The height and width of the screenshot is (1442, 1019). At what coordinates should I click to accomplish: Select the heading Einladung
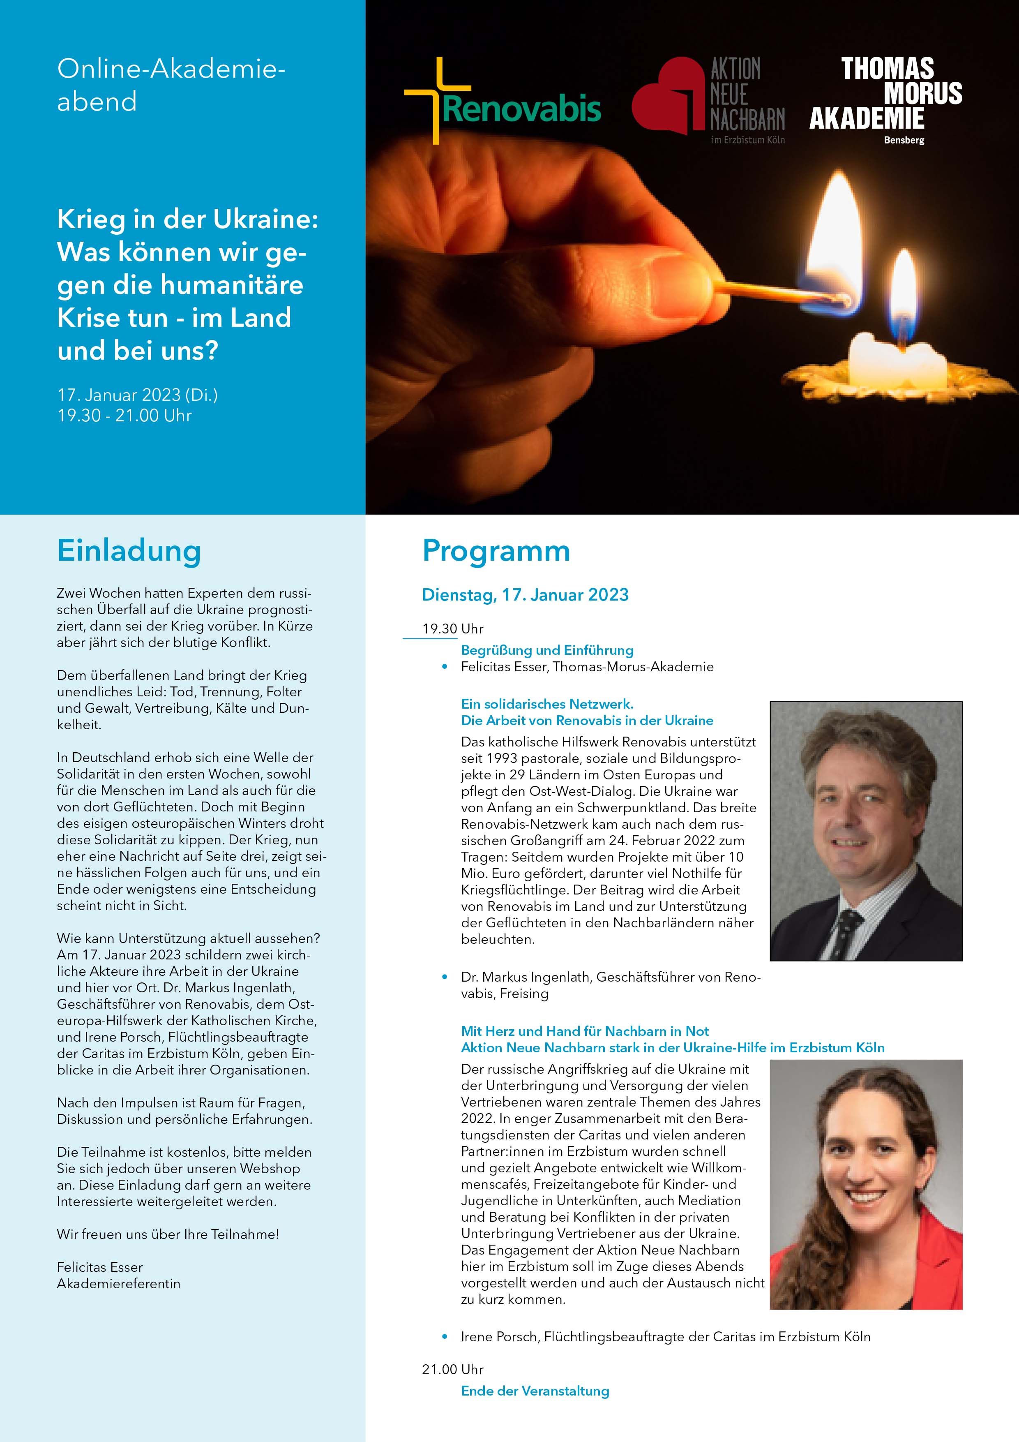tap(129, 551)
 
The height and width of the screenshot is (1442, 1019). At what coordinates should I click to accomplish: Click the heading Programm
tap(496, 551)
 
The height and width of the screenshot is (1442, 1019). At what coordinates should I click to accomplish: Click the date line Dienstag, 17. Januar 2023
tap(525, 595)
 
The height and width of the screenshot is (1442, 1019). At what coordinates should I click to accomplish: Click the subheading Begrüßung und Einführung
tap(547, 650)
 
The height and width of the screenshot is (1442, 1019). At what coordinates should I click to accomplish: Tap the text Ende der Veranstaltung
tap(535, 1391)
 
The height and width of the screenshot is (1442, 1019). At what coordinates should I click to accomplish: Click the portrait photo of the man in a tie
tap(866, 830)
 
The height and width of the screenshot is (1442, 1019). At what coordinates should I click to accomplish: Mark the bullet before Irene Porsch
tap(445, 1336)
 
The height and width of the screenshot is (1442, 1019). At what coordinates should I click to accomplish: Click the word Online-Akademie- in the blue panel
tap(171, 69)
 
